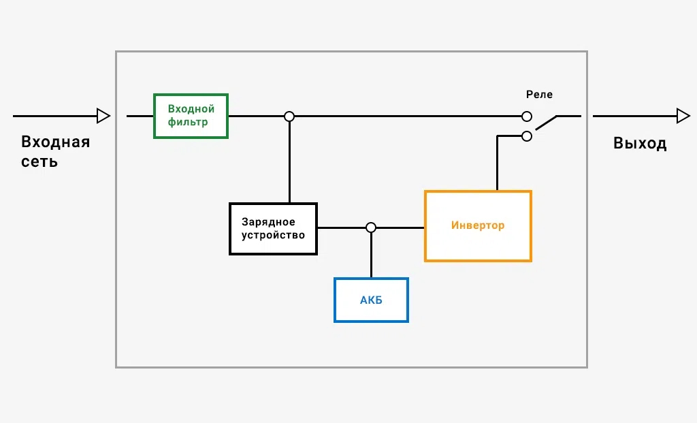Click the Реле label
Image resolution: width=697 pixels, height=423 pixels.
539,94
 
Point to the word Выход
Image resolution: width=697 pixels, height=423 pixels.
640,143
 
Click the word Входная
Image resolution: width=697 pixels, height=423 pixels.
56,142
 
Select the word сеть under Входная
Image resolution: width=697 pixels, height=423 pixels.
39,161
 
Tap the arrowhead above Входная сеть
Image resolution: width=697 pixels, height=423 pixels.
103,116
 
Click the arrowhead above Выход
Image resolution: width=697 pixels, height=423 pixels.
683,116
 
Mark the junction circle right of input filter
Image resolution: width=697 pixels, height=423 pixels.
289,116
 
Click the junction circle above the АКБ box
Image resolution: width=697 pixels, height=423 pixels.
371,228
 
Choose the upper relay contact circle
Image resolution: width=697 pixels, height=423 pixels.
527,116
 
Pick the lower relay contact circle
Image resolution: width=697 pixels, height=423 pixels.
527,136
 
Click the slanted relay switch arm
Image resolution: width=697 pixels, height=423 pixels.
546,123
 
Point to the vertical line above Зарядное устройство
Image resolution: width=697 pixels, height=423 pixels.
289,162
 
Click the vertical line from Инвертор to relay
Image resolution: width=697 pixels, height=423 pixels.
497,163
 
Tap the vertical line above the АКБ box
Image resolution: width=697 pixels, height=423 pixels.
371,255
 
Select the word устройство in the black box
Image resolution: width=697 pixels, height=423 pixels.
273,235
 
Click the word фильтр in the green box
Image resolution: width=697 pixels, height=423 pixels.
188,123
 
